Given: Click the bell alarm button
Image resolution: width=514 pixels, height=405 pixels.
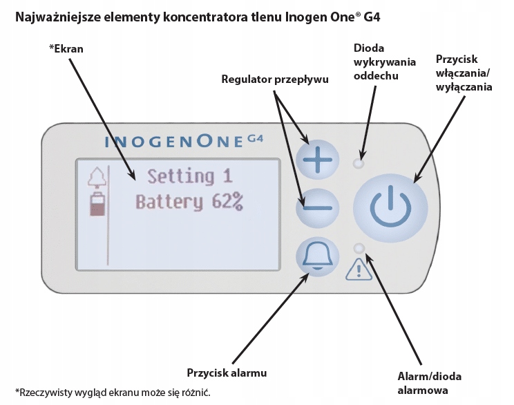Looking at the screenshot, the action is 318,255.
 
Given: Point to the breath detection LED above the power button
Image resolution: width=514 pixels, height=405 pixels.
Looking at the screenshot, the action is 358,164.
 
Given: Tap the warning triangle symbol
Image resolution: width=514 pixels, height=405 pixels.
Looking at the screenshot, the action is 359,270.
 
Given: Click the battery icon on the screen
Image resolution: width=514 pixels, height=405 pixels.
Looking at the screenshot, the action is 97,205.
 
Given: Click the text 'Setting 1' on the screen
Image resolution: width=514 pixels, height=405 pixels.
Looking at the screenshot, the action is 190,176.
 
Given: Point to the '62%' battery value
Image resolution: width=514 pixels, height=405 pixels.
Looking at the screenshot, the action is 227,202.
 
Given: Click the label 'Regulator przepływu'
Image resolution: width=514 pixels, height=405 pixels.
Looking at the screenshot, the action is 274,79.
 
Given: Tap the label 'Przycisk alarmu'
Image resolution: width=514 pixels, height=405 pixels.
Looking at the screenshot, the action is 227,373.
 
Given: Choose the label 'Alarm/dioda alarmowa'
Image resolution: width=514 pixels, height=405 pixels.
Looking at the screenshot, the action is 430,383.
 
